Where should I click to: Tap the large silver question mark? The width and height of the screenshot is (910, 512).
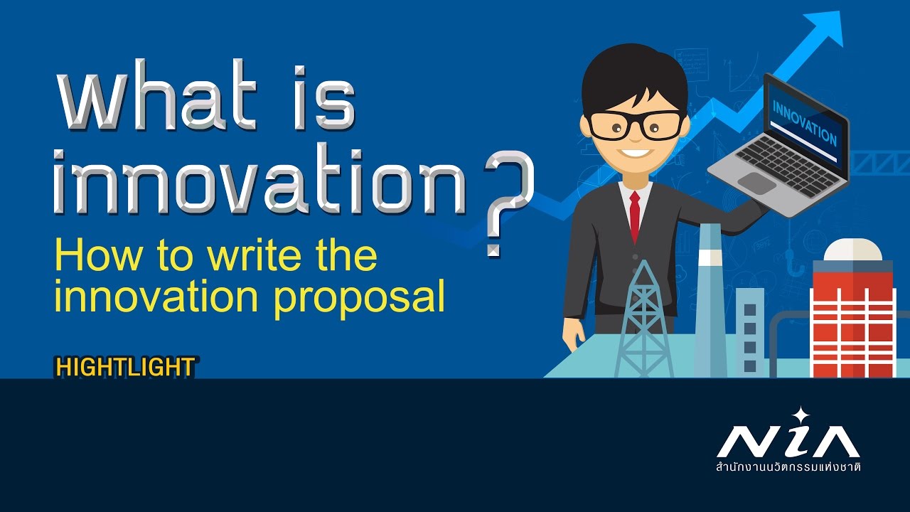506,203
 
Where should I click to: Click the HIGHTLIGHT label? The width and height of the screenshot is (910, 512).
125,367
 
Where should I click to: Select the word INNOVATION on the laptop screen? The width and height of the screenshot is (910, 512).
804,122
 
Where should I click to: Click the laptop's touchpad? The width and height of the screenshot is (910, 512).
757,183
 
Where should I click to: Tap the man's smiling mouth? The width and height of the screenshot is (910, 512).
636,152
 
